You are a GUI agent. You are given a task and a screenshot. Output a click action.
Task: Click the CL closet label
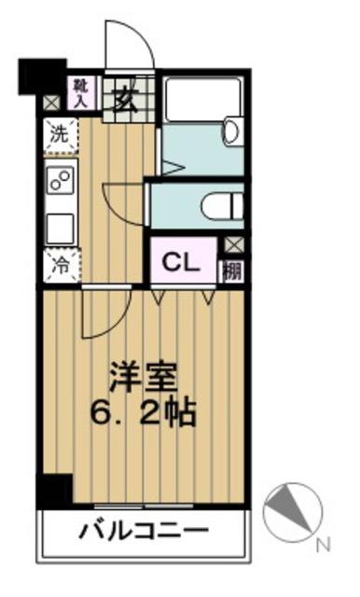coord(182,262)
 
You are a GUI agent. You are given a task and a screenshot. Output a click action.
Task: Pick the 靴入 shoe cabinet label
coord(80,91)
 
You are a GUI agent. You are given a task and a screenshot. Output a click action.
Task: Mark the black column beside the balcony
coord(55,490)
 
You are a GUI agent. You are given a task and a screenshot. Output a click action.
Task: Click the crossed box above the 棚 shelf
coord(232,246)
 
